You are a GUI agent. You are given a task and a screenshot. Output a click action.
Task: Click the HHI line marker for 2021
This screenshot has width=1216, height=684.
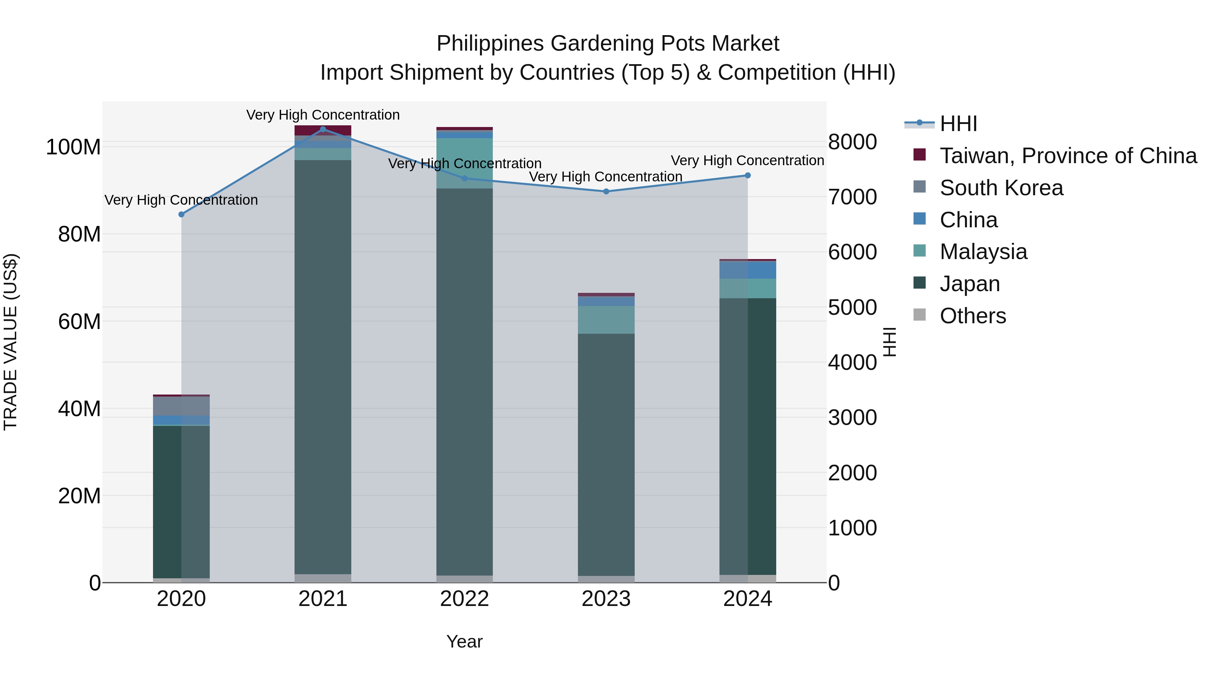point(323,129)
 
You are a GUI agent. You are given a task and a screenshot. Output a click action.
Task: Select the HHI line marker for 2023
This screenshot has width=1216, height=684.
point(606,191)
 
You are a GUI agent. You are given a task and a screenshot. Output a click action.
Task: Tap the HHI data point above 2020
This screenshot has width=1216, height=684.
point(181,214)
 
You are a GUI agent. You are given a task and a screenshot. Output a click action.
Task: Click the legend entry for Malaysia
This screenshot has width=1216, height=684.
point(983,252)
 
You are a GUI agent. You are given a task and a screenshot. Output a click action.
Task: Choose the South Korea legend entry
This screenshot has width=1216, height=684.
point(1001,188)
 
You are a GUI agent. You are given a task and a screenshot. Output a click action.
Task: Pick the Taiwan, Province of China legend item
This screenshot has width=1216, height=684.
point(1068,156)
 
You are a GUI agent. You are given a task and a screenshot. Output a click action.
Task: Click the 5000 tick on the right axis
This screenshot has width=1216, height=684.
point(852,307)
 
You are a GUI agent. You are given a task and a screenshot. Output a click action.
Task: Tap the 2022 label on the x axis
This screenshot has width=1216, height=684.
point(464,599)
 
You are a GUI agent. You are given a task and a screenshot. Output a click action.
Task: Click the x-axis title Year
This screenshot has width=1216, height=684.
point(464,641)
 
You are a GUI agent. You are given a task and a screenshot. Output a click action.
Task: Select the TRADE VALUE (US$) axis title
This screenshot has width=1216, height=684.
point(10,342)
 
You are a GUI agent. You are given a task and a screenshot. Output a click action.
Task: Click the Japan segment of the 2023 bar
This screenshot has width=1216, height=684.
point(606,453)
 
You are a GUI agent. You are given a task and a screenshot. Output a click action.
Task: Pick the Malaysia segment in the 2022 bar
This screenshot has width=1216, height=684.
point(464,163)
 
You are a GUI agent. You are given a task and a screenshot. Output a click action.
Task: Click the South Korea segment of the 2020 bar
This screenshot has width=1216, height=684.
point(181,406)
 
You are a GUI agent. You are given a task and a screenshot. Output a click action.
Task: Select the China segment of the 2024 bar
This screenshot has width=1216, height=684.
point(748,270)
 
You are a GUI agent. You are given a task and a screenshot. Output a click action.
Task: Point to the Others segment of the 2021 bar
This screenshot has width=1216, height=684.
point(323,578)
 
